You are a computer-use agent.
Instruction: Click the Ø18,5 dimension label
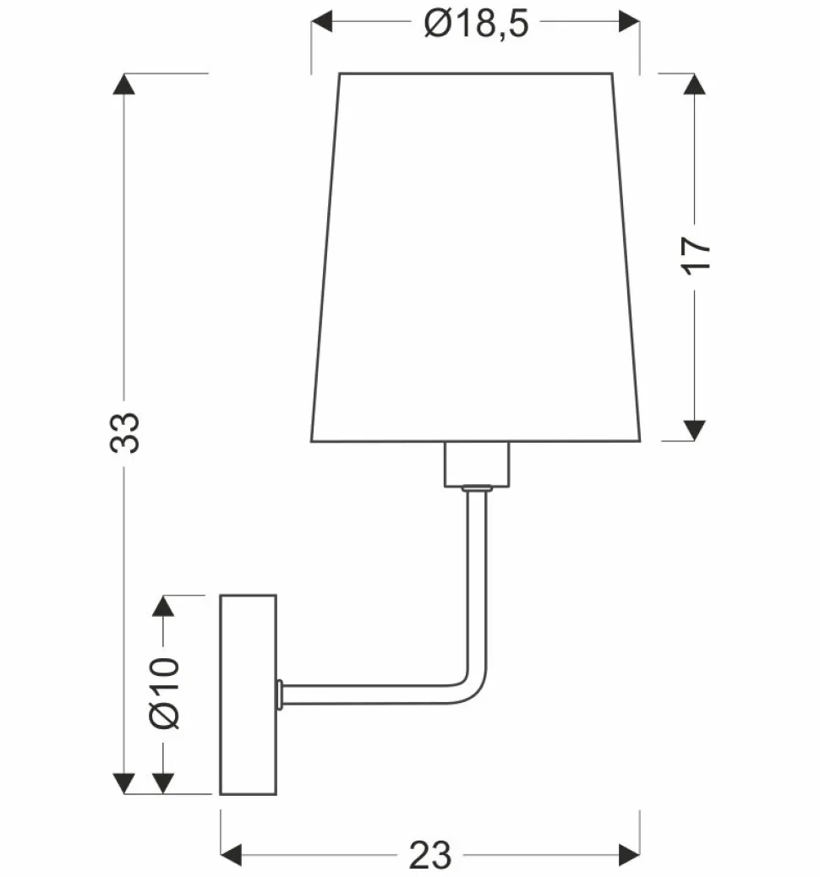[x=476, y=25]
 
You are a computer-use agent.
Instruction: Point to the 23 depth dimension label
[x=431, y=856]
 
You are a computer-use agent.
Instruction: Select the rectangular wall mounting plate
[x=249, y=695]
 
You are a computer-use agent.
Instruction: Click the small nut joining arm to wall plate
[x=280, y=693]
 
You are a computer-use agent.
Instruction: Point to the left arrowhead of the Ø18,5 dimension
[x=324, y=21]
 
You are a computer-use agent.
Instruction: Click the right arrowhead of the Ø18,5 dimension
[x=628, y=21]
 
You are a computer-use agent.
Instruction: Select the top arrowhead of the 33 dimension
[x=125, y=84]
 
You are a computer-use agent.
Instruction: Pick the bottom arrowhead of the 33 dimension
[x=125, y=783]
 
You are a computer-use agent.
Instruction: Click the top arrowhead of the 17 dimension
[x=694, y=84]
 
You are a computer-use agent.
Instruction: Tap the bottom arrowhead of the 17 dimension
[x=694, y=429]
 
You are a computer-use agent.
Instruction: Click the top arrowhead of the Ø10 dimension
[x=163, y=607]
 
